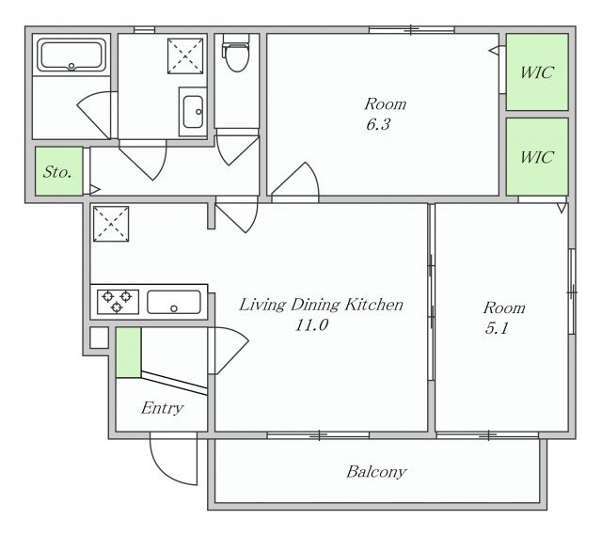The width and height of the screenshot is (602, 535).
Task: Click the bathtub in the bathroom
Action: pos(71,56)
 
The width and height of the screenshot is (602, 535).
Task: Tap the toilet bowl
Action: pos(237,57)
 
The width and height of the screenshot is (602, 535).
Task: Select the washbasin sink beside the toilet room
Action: pos(193,112)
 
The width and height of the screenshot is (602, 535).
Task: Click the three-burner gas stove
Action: pos(118,302)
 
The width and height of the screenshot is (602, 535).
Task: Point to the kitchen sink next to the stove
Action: pos(174,302)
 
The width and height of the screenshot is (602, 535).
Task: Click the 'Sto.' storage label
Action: pos(57,171)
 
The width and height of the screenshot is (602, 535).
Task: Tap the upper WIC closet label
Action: pos(537,72)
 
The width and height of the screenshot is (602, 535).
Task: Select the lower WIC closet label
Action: pos(537,157)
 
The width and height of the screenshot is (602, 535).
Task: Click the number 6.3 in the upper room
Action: pos(378,124)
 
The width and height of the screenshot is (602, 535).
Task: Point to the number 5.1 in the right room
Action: pos(497,328)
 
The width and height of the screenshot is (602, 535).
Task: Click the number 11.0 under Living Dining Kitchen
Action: pos(311,325)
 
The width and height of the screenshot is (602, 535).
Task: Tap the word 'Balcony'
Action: pos(376,472)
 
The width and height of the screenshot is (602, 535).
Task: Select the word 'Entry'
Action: pos(162,408)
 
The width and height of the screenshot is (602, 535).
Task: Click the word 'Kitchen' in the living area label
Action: pos(373,305)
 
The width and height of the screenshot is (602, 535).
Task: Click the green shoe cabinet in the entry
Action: pos(128,353)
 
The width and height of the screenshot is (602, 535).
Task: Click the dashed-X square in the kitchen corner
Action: pos(111,224)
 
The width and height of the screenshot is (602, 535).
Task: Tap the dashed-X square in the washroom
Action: pos(185,56)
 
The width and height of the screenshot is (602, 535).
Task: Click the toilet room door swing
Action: pos(237,149)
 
